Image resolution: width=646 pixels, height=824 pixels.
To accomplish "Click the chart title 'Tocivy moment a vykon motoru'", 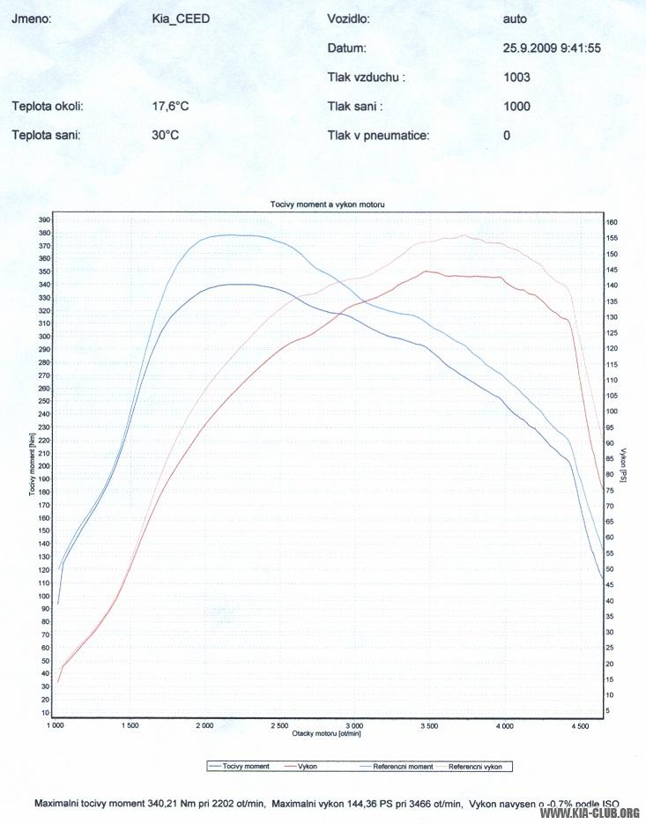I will pyautogui.click(x=327, y=204).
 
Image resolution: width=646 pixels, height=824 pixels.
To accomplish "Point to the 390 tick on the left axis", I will pyautogui.click(x=44, y=219).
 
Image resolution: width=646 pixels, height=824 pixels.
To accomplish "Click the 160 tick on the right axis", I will pyautogui.click(x=612, y=222).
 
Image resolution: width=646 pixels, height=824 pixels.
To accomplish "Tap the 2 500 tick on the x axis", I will pyautogui.click(x=278, y=726).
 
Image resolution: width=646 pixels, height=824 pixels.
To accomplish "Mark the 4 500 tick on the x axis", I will pyautogui.click(x=579, y=726).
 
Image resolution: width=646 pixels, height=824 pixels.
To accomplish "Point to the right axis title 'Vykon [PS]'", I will pyautogui.click(x=622, y=464).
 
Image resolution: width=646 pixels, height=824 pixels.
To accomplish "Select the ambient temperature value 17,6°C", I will pyautogui.click(x=171, y=107).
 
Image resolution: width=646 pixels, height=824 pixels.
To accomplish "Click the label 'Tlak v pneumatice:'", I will pyautogui.click(x=377, y=135).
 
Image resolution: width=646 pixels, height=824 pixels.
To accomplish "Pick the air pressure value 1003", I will pyautogui.click(x=516, y=77).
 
